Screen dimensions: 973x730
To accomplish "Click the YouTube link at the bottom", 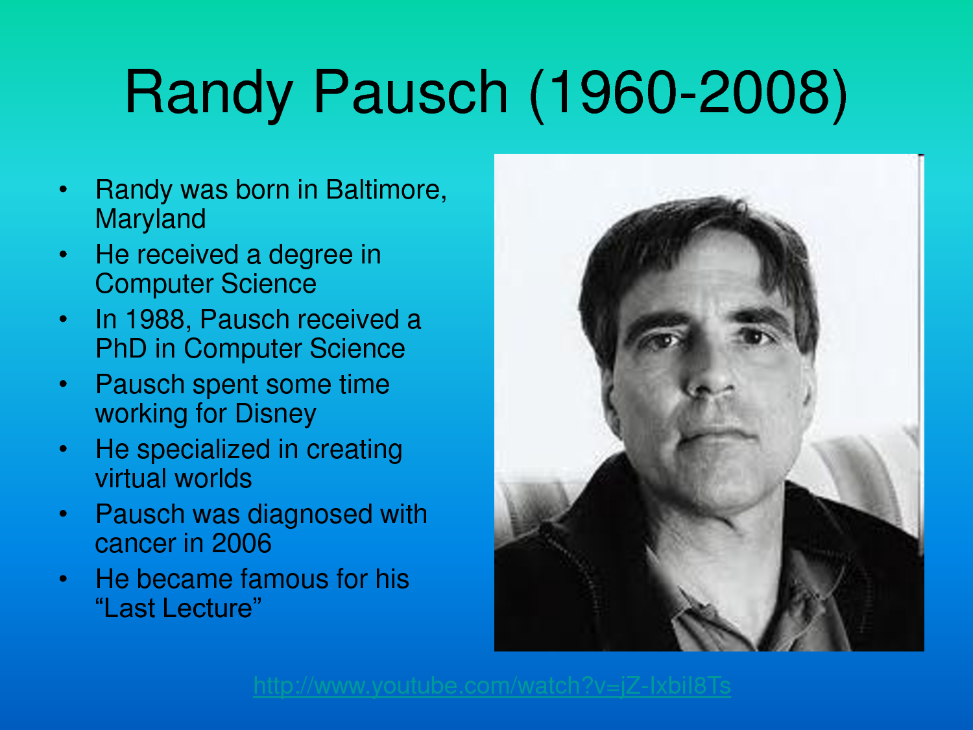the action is (492, 686).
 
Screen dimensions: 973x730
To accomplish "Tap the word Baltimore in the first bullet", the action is (386, 189).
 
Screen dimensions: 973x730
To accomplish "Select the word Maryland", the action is (150, 219).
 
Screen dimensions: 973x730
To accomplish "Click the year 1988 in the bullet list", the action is (155, 319).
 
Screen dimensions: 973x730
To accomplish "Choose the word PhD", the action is (121, 348).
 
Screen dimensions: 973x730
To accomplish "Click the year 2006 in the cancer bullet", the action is (241, 543).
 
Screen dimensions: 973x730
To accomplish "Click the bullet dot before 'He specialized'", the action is (63, 448).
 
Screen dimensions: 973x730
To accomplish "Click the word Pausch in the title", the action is (411, 92).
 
